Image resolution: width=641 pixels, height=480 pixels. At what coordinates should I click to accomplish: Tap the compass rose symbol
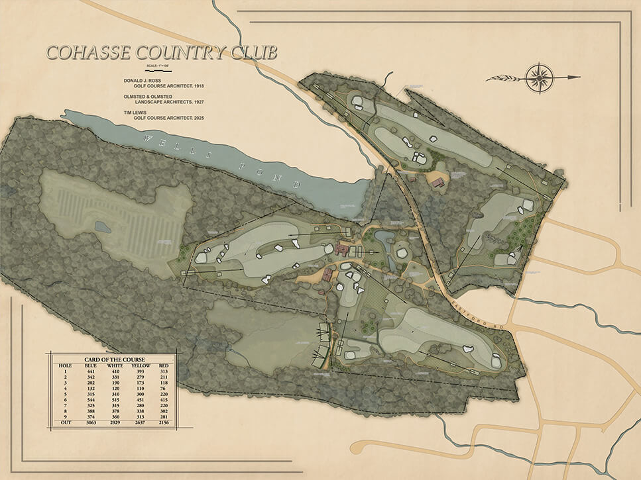pos(540,77)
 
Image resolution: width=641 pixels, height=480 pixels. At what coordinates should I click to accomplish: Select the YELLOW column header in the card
pos(141,365)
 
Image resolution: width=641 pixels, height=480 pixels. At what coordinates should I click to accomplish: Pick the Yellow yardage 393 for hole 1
pos(140,372)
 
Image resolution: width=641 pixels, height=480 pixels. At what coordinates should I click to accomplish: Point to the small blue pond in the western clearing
pos(103,227)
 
